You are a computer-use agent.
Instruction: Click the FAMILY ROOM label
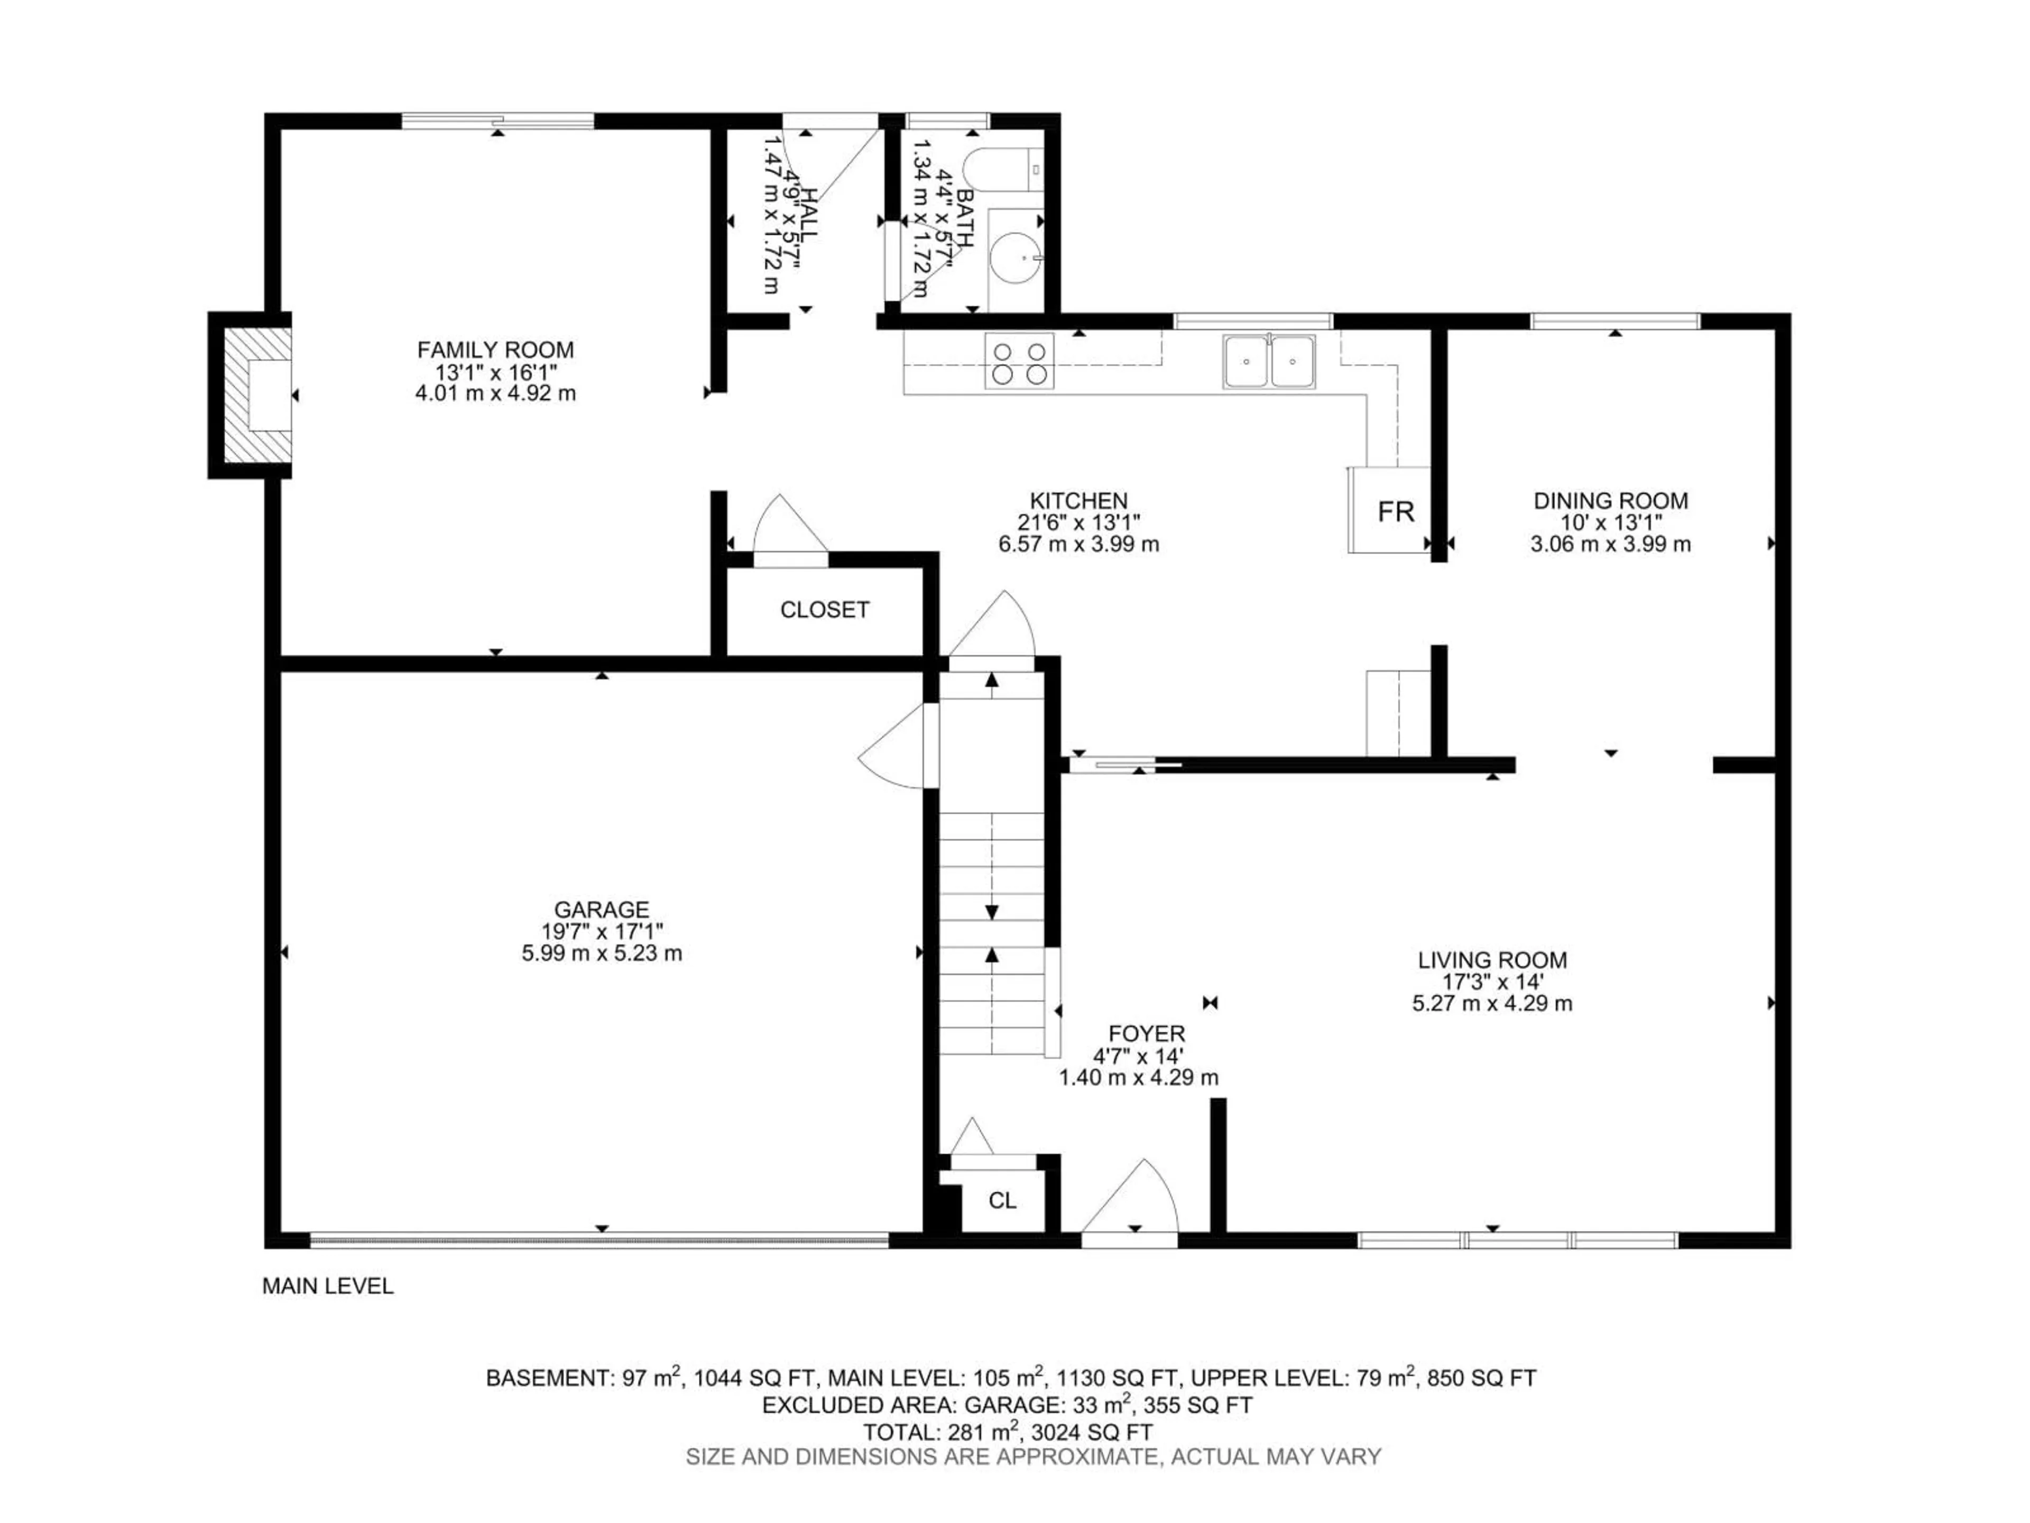tap(495, 350)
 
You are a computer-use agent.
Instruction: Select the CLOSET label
tap(824, 610)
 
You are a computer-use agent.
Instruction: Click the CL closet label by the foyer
tap(1002, 1201)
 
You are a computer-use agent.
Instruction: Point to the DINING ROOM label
tap(1611, 501)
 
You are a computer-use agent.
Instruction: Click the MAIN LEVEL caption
tap(328, 1286)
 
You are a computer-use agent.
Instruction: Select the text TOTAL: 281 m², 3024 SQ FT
tap(1008, 1432)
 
